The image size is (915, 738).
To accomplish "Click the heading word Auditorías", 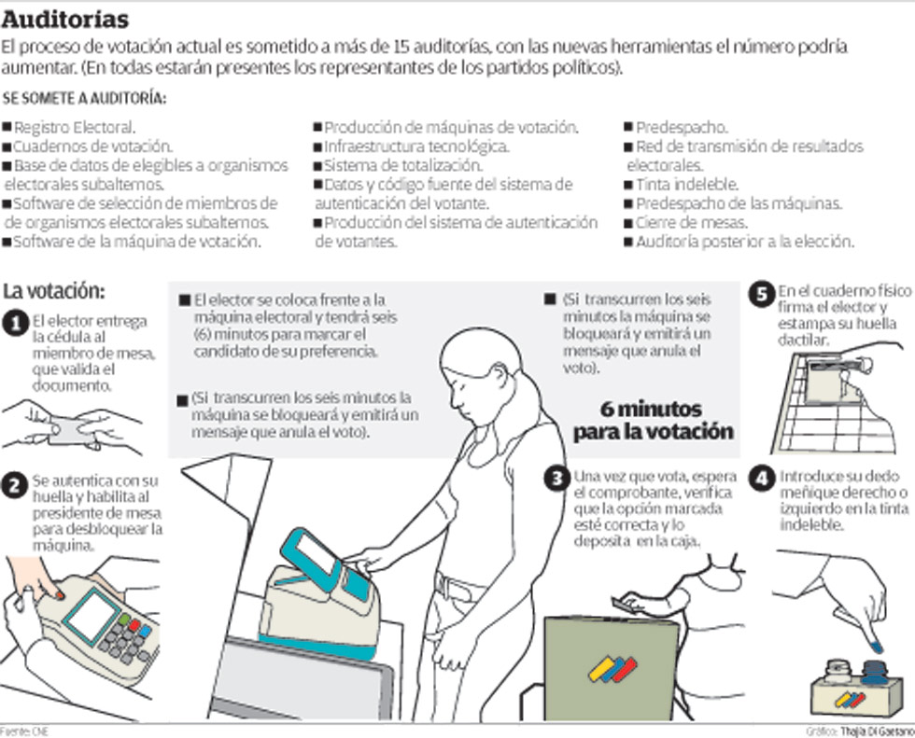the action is pyautogui.click(x=64, y=20).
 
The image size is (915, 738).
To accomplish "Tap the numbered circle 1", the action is pyautogui.click(x=16, y=324).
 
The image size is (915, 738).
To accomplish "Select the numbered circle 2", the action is pyautogui.click(x=15, y=485).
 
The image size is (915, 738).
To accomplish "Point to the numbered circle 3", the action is pyautogui.click(x=557, y=479).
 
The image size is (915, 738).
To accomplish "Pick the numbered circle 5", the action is pyautogui.click(x=762, y=294).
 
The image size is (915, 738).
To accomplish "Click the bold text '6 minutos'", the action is pyautogui.click(x=651, y=409).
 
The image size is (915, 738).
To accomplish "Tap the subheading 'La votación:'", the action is pyautogui.click(x=54, y=291).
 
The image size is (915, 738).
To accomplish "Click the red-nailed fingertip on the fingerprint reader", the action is pyautogui.click(x=59, y=594).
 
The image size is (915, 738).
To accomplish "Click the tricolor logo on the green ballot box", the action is pyautogui.click(x=612, y=669).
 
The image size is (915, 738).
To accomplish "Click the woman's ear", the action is pyautogui.click(x=500, y=376).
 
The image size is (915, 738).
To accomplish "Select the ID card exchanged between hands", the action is pyautogui.click(x=68, y=430).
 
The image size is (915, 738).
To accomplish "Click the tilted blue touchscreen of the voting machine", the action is pyautogui.click(x=313, y=558).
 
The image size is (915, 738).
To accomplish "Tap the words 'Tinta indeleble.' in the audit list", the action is pyautogui.click(x=687, y=185).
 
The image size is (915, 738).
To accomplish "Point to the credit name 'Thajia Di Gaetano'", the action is pyautogui.click(x=877, y=731).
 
